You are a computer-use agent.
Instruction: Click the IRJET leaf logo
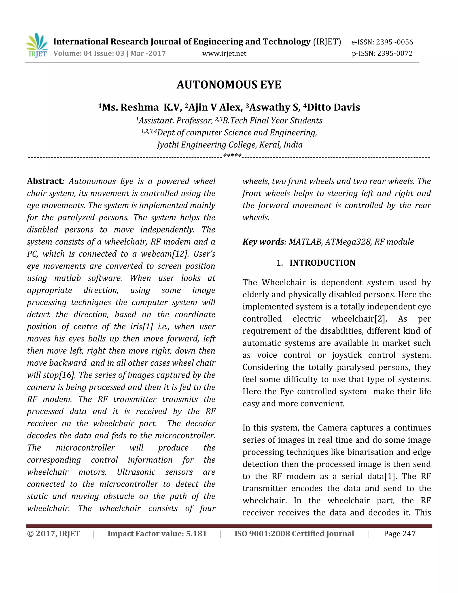[x=37, y=45]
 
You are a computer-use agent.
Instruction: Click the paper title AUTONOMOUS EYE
[x=229, y=85]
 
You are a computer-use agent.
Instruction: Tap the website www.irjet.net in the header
[x=224, y=53]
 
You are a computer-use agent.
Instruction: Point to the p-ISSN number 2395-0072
[x=395, y=53]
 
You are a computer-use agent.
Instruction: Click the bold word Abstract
[x=45, y=181]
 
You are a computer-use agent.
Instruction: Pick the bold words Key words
[x=263, y=242]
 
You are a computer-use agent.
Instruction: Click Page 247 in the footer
[x=399, y=533]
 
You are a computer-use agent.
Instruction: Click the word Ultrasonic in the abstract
[x=136, y=472]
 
